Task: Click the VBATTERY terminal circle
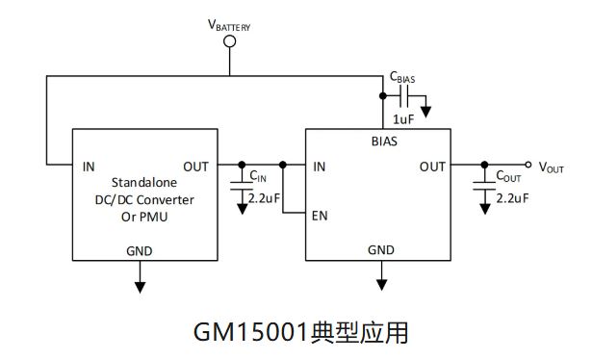pos(230,41)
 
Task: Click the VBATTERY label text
pos(229,24)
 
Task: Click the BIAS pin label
pos(383,140)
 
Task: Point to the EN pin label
pos(321,216)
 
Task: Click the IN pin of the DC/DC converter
pos(89,167)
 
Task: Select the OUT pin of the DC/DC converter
pos(195,167)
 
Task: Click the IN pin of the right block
pos(321,167)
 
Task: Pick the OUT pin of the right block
pos(432,167)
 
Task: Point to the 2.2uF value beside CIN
pos(265,197)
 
